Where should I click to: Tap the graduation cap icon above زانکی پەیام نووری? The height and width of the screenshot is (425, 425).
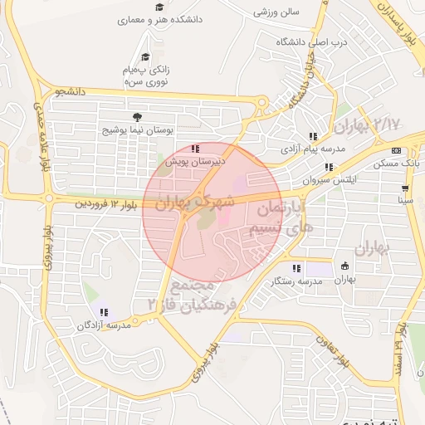pyautogui.click(x=146, y=57)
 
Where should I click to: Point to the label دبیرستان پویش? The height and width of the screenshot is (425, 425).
pyautogui.click(x=195, y=162)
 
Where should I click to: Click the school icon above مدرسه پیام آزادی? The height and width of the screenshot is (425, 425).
pyautogui.click(x=313, y=135)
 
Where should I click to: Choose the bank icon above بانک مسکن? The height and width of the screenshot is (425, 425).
pyautogui.click(x=396, y=151)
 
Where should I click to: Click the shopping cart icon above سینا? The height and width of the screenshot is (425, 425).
pyautogui.click(x=405, y=188)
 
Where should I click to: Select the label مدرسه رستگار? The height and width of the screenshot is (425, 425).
pyautogui.click(x=296, y=282)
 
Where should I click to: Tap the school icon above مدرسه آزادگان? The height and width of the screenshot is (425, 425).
pyautogui.click(x=104, y=312)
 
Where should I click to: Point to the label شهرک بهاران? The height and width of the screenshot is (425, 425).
pyautogui.click(x=196, y=202)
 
